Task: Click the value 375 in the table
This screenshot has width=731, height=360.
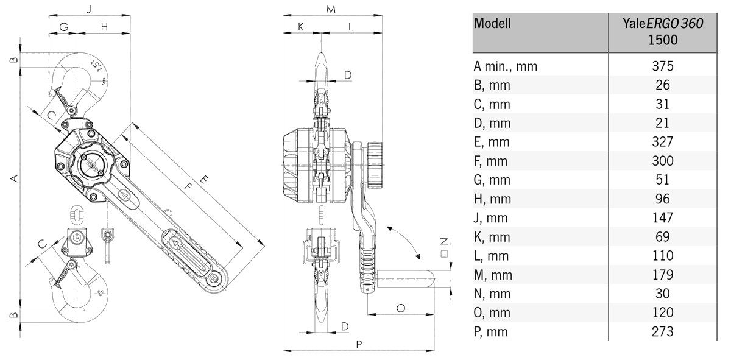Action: [x=663, y=66]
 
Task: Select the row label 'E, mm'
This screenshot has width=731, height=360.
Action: [x=492, y=142]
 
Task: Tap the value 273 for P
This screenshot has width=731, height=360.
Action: [x=663, y=332]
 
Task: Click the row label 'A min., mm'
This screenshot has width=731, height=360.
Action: [x=506, y=66]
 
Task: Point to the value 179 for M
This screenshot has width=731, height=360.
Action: [x=663, y=275]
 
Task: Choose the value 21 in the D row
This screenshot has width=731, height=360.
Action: [x=663, y=123]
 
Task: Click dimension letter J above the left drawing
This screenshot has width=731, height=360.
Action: [x=90, y=9]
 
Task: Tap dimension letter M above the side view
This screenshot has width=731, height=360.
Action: [x=331, y=9]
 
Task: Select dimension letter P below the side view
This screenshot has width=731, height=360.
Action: [x=359, y=344]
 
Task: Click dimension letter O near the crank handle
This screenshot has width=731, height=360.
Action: [x=401, y=308]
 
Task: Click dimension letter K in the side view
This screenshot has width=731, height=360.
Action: [x=301, y=26]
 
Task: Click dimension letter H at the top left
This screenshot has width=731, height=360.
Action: [x=104, y=26]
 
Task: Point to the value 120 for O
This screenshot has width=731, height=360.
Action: [x=663, y=313]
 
